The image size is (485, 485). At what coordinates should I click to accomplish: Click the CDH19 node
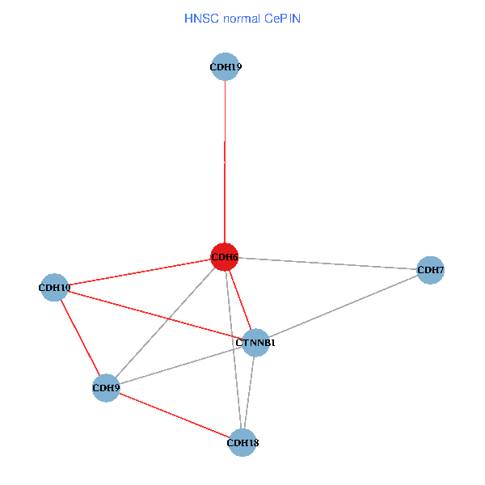coord(225,67)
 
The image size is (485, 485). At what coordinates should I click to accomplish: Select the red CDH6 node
coord(224,257)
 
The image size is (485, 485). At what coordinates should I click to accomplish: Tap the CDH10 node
coord(54,287)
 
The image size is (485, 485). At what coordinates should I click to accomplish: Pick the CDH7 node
coord(430,270)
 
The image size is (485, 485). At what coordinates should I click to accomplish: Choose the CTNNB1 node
coord(255,343)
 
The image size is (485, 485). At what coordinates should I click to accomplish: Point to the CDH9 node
coord(107,388)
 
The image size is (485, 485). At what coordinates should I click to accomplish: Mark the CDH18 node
coord(242,442)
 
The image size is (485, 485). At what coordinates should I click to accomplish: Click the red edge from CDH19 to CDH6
coord(225,162)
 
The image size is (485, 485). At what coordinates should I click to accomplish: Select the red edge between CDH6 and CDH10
coord(139,272)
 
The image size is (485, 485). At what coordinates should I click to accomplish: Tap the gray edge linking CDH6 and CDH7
coord(327,264)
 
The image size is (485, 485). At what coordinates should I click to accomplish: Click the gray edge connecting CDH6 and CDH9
coord(166,323)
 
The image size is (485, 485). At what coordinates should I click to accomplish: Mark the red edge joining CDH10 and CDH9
coord(81,338)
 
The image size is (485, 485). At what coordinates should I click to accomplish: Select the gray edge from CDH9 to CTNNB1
coord(181,365)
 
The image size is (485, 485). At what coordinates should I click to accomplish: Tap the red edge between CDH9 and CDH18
coord(175,415)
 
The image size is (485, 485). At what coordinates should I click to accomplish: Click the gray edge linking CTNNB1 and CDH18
coord(249,392)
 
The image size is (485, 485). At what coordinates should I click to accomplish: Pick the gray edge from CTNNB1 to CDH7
coord(343,306)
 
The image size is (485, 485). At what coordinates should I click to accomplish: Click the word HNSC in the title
coord(202,17)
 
